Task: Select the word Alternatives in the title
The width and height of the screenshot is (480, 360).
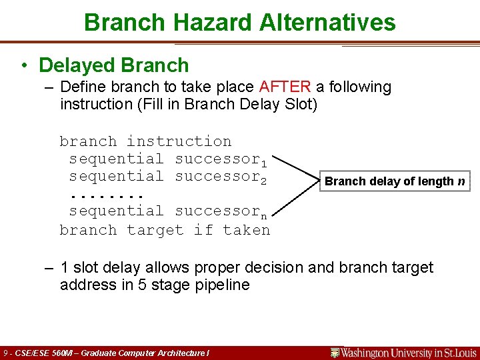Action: pos(326,23)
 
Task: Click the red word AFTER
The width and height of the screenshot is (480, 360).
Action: pos(285,87)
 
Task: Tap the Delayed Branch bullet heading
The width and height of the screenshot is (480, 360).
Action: pos(114,65)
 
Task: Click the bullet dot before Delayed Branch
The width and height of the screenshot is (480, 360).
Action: pos(23,65)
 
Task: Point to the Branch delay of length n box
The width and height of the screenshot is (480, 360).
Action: pos(395,181)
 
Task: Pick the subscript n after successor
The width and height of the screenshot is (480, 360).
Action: pos(263,215)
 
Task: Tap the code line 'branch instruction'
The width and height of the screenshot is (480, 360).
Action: pos(145,141)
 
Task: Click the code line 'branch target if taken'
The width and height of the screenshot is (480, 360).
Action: pos(165,230)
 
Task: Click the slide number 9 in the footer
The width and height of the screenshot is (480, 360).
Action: pos(5,353)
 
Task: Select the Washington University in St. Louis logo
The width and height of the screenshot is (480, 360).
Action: pos(404,352)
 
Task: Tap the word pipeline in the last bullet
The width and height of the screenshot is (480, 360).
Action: pos(221,285)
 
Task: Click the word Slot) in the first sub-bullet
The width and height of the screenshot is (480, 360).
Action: pos(299,104)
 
